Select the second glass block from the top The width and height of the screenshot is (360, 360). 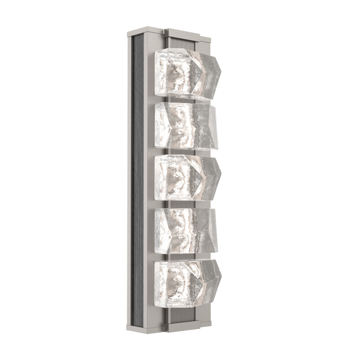pyautogui.click(x=185, y=125)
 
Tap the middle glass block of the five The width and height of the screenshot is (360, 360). pyautogui.click(x=185, y=177)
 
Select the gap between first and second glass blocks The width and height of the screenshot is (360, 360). pyautogui.click(x=180, y=100)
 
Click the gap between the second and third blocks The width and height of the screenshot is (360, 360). pyautogui.click(x=180, y=152)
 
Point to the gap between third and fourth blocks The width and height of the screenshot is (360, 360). pyautogui.click(x=180, y=203)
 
